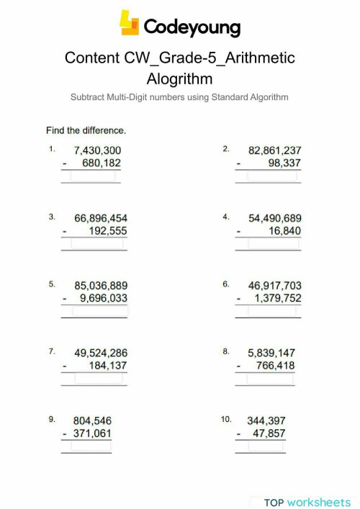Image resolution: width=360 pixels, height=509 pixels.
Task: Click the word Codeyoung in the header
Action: pyautogui.click(x=192, y=27)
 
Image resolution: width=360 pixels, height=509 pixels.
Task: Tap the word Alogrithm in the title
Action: pyautogui.click(x=180, y=77)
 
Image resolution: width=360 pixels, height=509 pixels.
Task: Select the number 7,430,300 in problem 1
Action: pyautogui.click(x=98, y=150)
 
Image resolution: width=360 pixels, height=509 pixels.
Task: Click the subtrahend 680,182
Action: pyautogui.click(x=102, y=163)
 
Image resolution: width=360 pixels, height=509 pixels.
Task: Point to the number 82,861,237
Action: pyautogui.click(x=274, y=150)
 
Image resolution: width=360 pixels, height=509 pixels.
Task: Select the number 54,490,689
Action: pyautogui.click(x=274, y=218)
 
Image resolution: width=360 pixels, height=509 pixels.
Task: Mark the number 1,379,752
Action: pyautogui.click(x=277, y=299)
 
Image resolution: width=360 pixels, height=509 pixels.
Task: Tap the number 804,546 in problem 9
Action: pyautogui.click(x=92, y=420)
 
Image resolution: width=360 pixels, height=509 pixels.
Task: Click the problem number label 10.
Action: pyautogui.click(x=227, y=418)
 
